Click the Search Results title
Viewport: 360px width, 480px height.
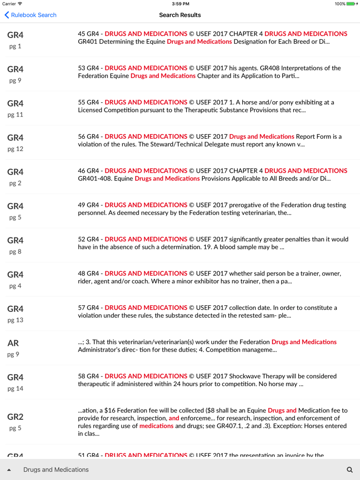pyautogui.click(x=180, y=15)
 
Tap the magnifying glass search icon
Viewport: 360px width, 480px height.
pyautogui.click(x=350, y=470)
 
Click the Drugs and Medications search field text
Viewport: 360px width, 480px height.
pyautogui.click(x=56, y=470)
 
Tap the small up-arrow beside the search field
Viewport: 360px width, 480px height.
pyautogui.click(x=9, y=470)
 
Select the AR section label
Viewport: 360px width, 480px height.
pyautogui.click(x=13, y=343)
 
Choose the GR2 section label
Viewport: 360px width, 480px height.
pyautogui.click(x=15, y=417)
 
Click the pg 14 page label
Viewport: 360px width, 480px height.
pyautogui.click(x=15, y=389)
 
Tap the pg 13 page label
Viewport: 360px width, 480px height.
pyautogui.click(x=15, y=320)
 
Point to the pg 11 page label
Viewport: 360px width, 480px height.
pyautogui.click(x=15, y=115)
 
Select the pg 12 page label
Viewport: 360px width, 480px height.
pyautogui.click(x=15, y=149)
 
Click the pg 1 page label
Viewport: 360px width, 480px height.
pyautogui.click(x=15, y=46)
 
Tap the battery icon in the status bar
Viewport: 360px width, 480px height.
pyautogui.click(x=353, y=4)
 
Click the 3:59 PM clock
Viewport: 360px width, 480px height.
pyautogui.click(x=180, y=4)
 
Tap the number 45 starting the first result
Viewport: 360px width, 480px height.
pyautogui.click(x=82, y=34)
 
